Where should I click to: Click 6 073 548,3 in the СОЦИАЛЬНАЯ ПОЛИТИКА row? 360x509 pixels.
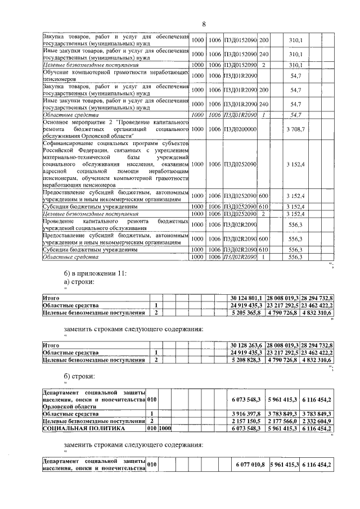pos(247,427)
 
